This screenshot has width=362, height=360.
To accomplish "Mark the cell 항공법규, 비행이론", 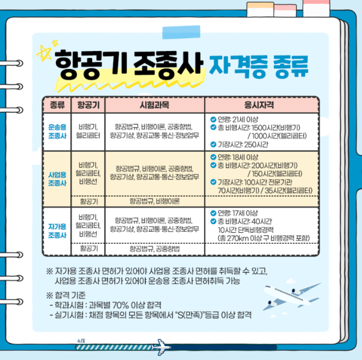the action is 155,201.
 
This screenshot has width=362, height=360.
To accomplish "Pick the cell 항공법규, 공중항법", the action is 155,249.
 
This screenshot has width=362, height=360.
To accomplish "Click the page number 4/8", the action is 82,342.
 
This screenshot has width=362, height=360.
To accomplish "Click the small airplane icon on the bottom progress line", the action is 159,346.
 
